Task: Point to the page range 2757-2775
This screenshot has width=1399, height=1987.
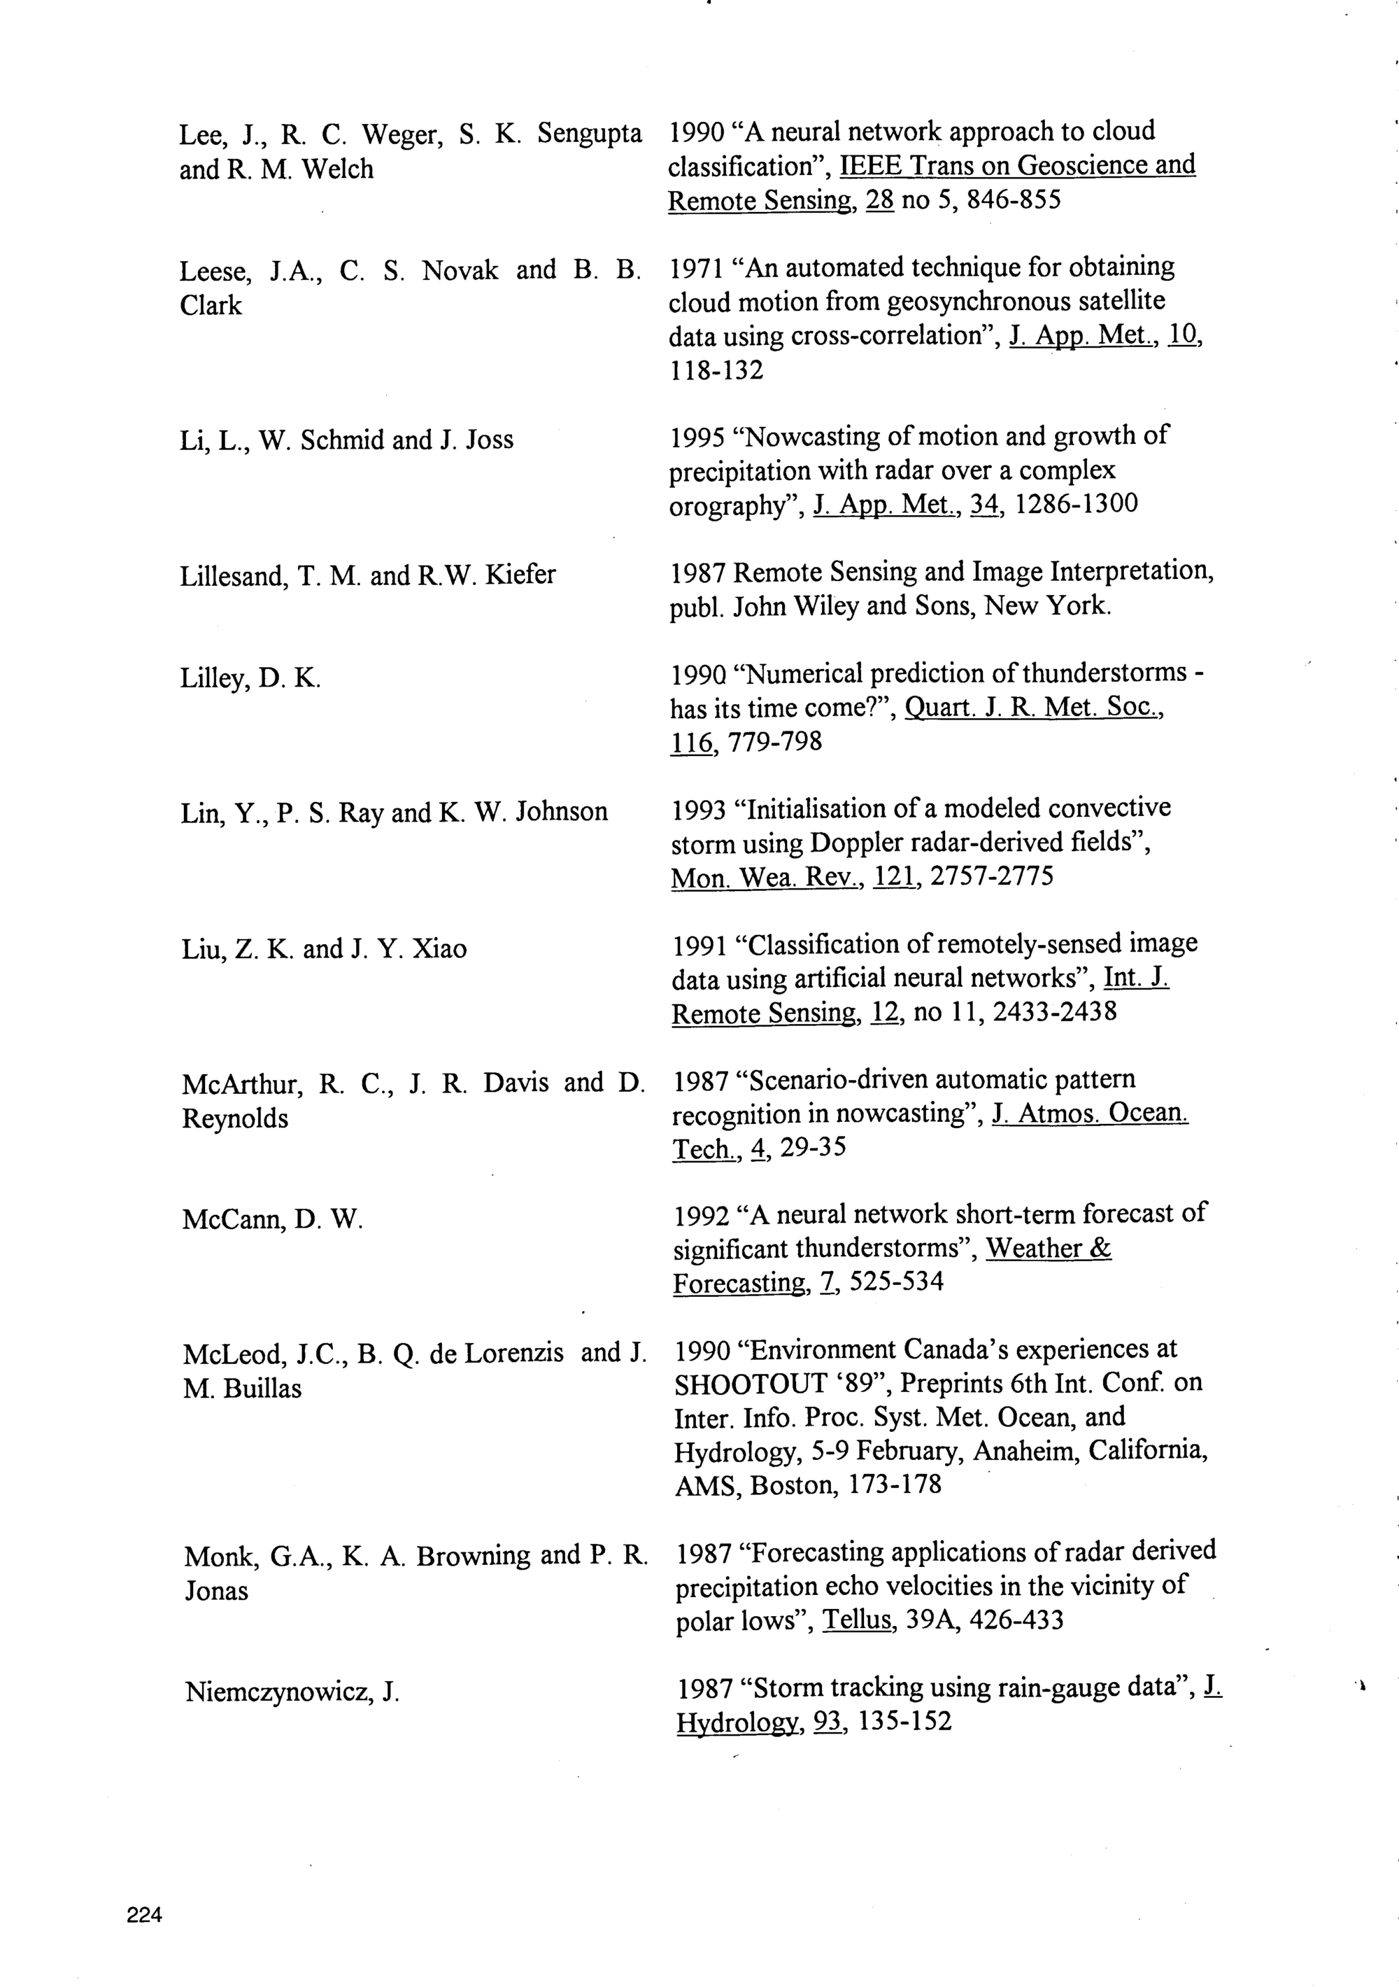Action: click(x=993, y=877)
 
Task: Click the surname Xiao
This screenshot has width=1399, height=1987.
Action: click(x=439, y=949)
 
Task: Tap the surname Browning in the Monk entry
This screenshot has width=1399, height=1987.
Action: click(x=474, y=1555)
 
